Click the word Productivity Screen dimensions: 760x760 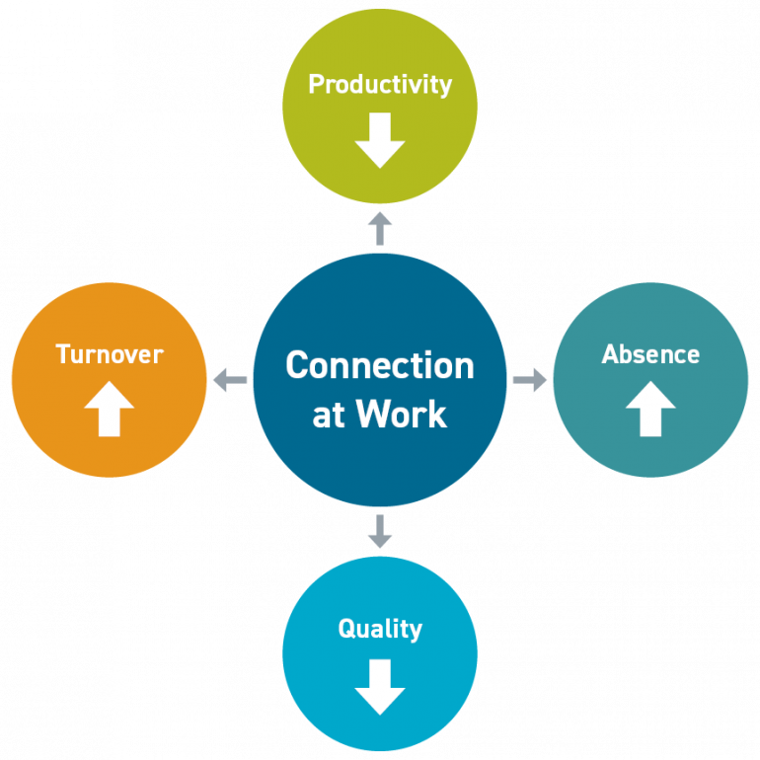tap(380, 85)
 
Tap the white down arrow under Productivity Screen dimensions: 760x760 tap(380, 140)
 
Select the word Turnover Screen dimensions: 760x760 tap(109, 353)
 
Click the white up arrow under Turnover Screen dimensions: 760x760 tap(109, 409)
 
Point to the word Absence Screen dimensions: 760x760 tap(650, 353)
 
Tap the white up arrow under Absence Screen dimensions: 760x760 tap(650, 409)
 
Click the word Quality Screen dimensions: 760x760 tap(380, 629)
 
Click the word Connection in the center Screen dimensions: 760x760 tap(380, 365)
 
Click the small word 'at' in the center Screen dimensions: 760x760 tap(329, 415)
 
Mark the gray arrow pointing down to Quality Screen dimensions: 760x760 tap(380, 531)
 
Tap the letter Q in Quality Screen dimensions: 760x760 tap(346, 629)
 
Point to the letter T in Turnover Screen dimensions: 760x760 tap(62, 353)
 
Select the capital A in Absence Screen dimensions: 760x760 tap(610, 353)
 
